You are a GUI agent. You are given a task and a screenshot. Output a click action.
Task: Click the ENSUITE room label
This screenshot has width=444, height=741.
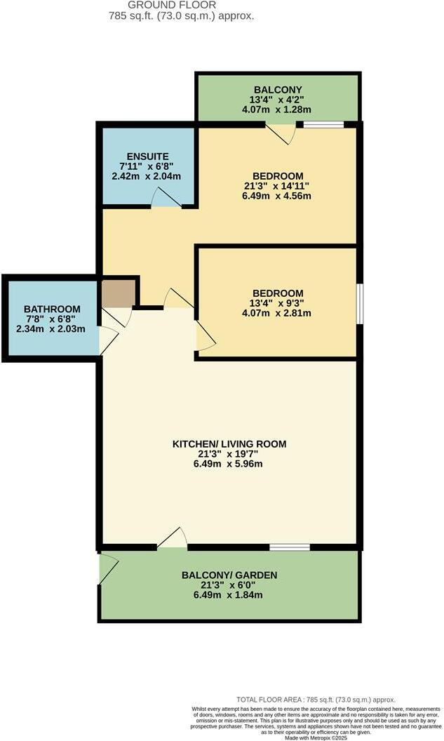[147, 156]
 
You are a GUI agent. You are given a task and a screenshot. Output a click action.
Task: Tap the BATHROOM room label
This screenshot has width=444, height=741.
[52, 309]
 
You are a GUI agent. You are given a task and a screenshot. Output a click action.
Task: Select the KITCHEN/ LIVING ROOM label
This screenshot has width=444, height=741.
[229, 443]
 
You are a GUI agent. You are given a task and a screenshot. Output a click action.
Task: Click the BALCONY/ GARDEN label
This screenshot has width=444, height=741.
[229, 575]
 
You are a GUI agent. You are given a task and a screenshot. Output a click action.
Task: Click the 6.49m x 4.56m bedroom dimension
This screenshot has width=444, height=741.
[278, 196]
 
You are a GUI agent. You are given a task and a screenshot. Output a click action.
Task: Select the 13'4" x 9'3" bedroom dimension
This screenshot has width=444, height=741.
[278, 303]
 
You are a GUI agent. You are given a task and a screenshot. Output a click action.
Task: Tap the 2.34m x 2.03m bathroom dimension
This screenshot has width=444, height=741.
[52, 328]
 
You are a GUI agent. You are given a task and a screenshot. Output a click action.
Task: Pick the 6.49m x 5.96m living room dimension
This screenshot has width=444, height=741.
[229, 463]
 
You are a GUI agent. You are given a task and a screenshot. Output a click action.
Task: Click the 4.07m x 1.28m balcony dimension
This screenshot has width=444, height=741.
[278, 109]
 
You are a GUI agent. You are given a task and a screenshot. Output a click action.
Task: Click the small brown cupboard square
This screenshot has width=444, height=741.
[118, 292]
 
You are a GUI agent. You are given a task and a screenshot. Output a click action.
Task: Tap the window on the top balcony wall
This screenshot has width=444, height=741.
[323, 125]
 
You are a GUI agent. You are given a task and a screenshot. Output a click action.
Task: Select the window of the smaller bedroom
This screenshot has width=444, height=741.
[359, 303]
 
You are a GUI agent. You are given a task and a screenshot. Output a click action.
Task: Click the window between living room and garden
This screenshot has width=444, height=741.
[290, 547]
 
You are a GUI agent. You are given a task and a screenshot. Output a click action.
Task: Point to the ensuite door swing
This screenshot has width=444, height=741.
[167, 199]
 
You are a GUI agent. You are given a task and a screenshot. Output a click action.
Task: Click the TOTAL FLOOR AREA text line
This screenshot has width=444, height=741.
[316, 700]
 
